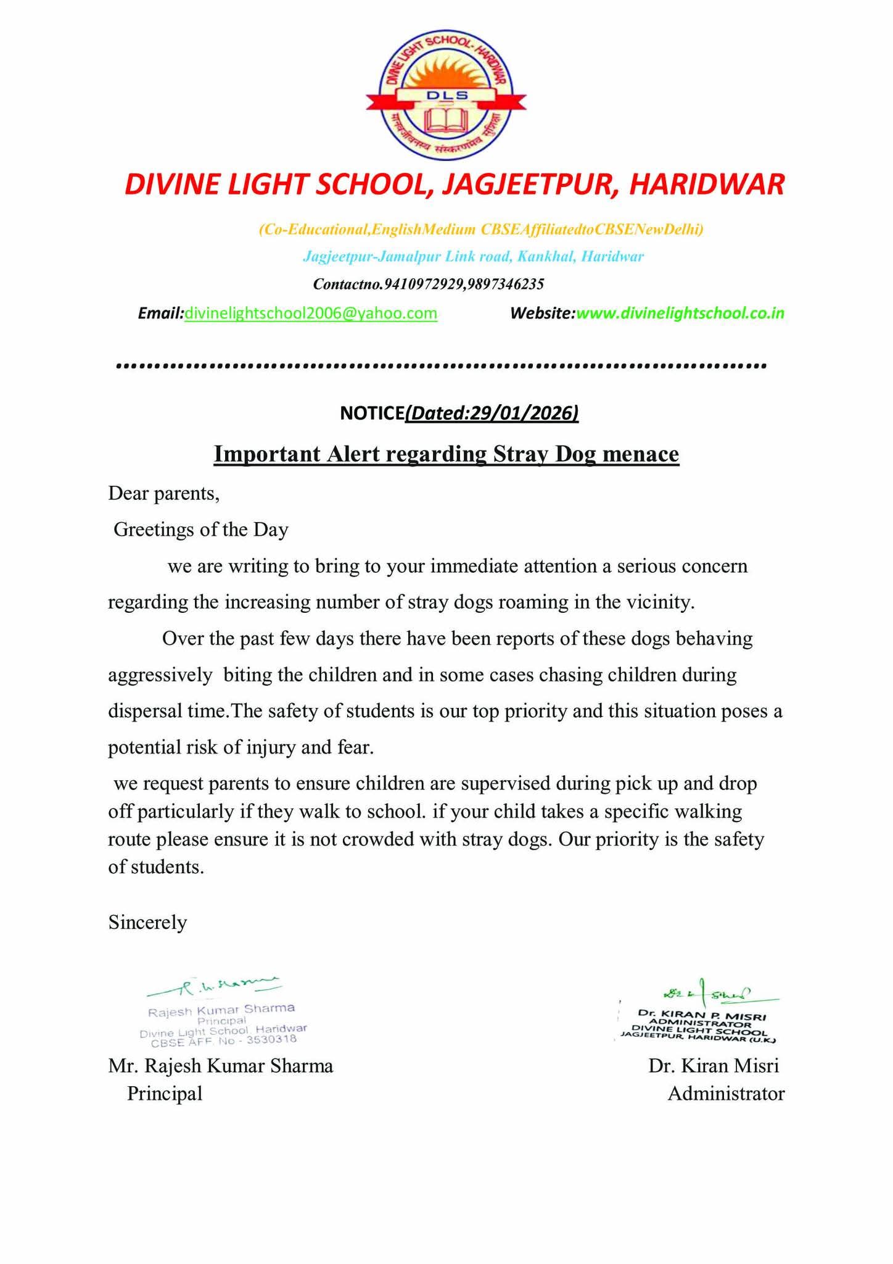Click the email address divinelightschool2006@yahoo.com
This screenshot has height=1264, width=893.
click(311, 313)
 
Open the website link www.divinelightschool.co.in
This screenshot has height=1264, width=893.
click(680, 313)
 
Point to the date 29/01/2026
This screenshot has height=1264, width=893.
click(522, 412)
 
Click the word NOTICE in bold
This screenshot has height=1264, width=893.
click(372, 413)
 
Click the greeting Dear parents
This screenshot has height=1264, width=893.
click(163, 493)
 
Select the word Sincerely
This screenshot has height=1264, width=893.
click(147, 922)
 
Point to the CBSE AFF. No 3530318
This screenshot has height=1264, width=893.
click(224, 1039)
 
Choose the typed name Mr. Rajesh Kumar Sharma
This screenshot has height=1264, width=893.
click(220, 1066)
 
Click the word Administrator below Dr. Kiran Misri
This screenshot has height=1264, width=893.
click(726, 1094)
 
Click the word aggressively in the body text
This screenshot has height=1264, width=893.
click(160, 675)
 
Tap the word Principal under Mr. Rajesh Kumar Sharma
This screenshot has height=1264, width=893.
click(165, 1094)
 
